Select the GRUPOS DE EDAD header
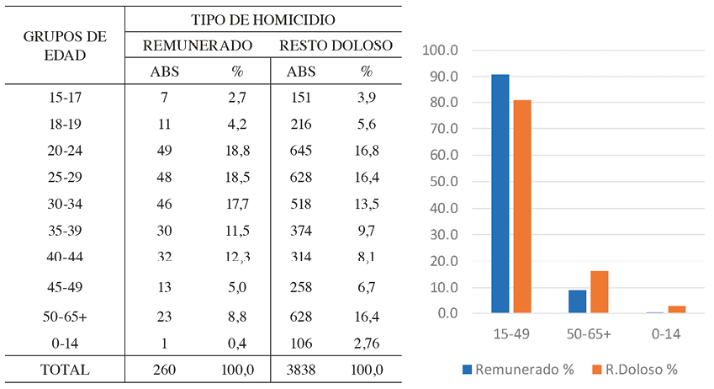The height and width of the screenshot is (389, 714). coord(65,47)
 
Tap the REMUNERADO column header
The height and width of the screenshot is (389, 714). coord(198,45)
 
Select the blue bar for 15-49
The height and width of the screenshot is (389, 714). coord(500,194)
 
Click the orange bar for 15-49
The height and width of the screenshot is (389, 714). coord(521,206)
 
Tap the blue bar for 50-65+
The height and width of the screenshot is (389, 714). coord(577,301)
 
